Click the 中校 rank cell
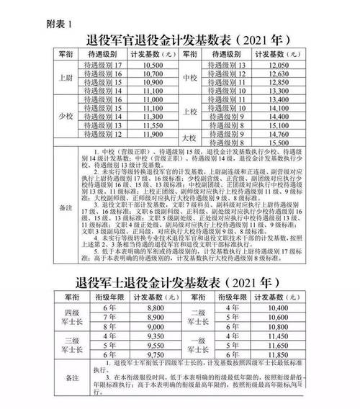click(x=190, y=78)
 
